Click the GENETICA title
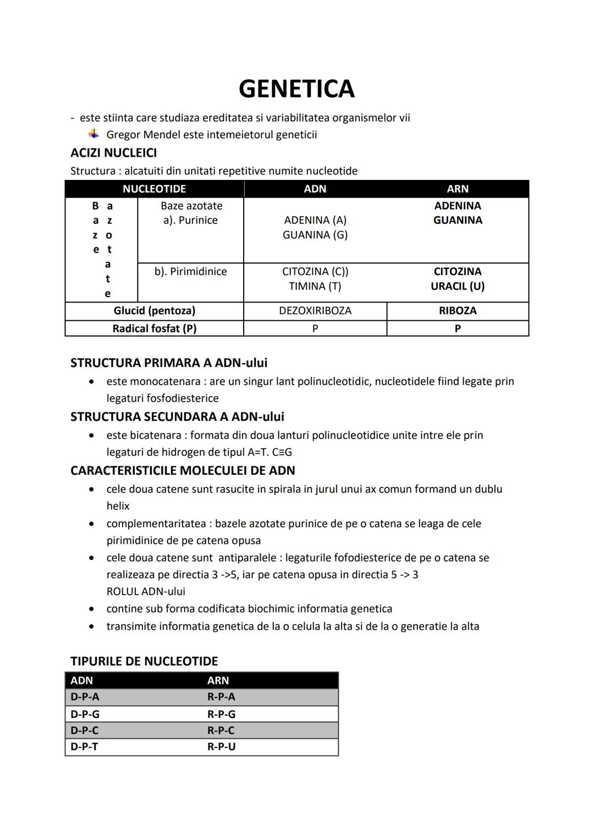(x=296, y=89)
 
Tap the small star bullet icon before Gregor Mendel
(x=94, y=134)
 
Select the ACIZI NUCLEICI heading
(x=113, y=152)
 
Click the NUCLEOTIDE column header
(x=154, y=189)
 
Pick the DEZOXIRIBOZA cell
(x=315, y=310)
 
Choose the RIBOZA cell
(x=457, y=310)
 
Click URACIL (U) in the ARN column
(x=457, y=286)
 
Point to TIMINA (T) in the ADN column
(x=315, y=286)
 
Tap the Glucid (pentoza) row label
(x=154, y=310)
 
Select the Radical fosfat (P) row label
(x=154, y=328)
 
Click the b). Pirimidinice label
(x=190, y=271)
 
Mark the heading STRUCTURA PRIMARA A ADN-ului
(x=169, y=363)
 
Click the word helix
(x=118, y=506)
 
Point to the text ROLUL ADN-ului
(x=146, y=591)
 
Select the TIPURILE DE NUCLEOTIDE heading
(x=144, y=661)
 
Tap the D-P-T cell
(x=84, y=746)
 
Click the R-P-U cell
(x=221, y=746)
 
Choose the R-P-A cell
(x=221, y=696)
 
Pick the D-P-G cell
(x=85, y=714)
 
